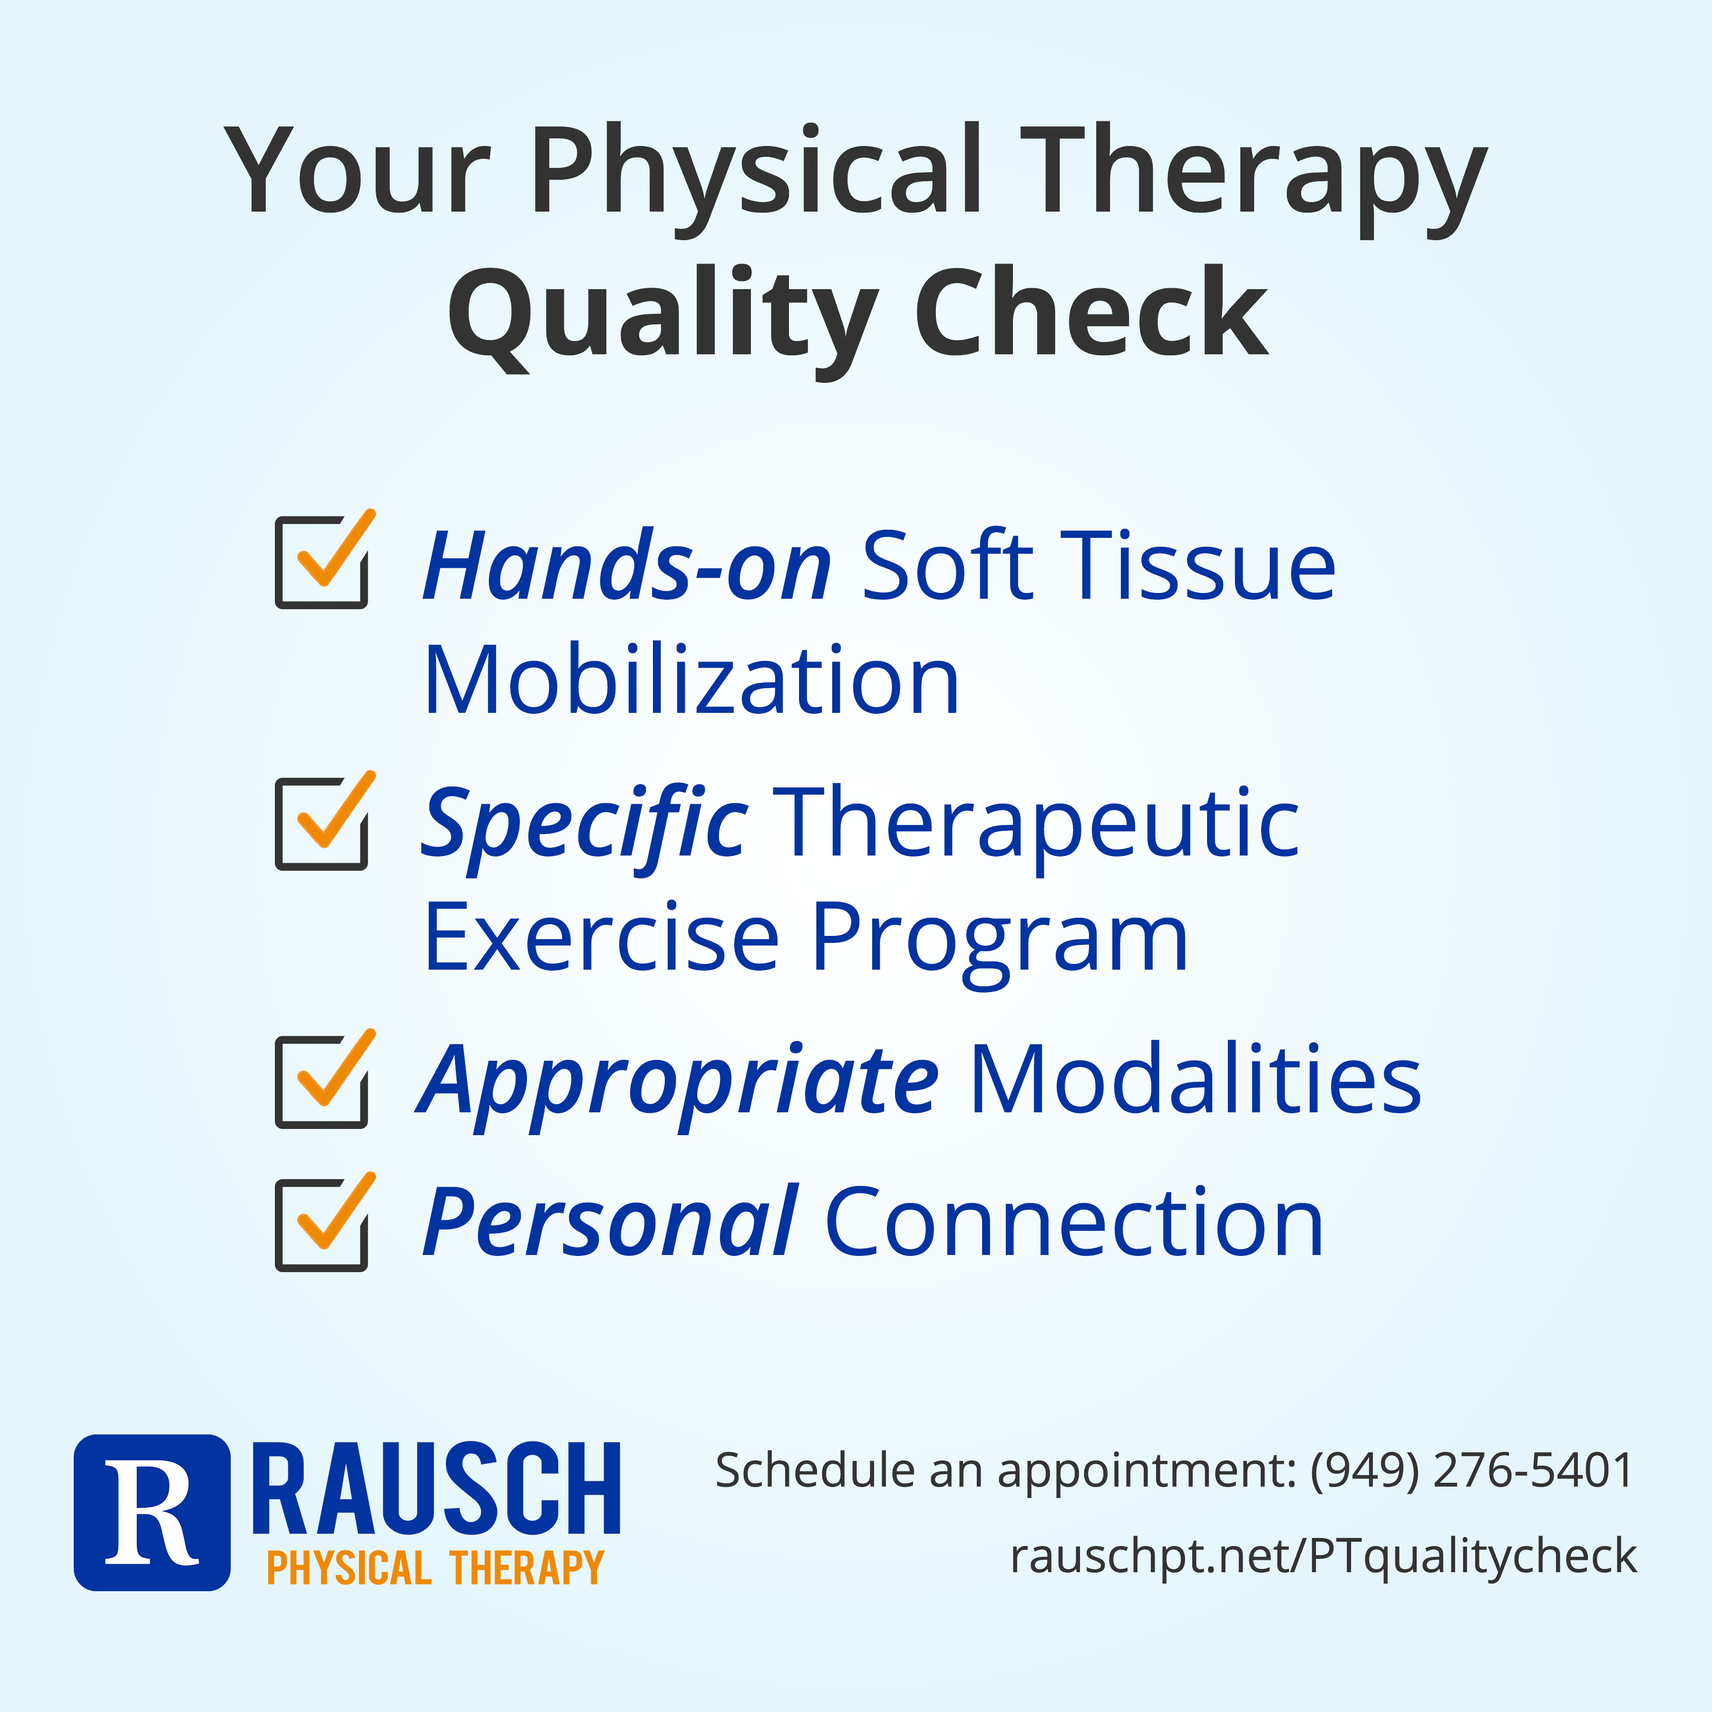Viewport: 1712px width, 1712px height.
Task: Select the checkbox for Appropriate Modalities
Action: (x=321, y=1080)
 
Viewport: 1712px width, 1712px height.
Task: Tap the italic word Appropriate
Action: (x=678, y=1086)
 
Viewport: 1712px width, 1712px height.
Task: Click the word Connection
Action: (x=1074, y=1222)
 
